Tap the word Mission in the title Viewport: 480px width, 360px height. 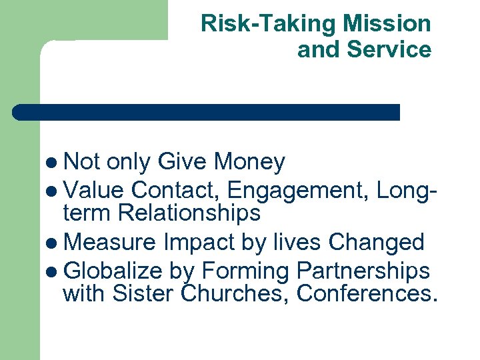(387, 24)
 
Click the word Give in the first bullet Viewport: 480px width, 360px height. (182, 161)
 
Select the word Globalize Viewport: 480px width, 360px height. (113, 271)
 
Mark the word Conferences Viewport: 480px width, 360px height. (367, 293)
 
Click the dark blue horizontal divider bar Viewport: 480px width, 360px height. (207, 112)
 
